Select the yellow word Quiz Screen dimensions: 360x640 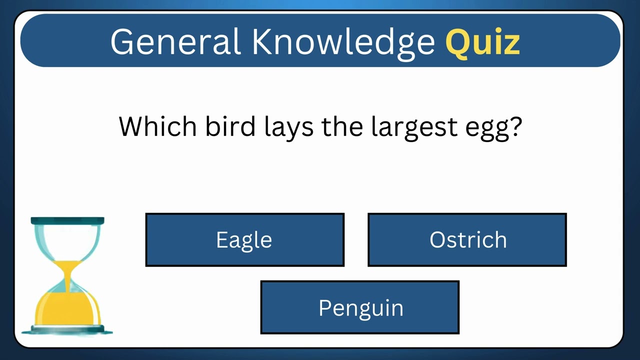pyautogui.click(x=482, y=42)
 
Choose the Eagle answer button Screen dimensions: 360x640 pyautogui.click(x=244, y=240)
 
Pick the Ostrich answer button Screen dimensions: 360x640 pyautogui.click(x=467, y=240)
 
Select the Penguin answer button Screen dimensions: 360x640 pyautogui.click(x=360, y=307)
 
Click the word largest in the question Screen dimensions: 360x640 pyautogui.click(x=414, y=127)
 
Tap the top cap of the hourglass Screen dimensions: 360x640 pyautogui.click(x=67, y=221)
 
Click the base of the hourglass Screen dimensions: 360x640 pyautogui.click(x=67, y=329)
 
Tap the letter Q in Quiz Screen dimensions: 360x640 pyautogui.click(x=458, y=42)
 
